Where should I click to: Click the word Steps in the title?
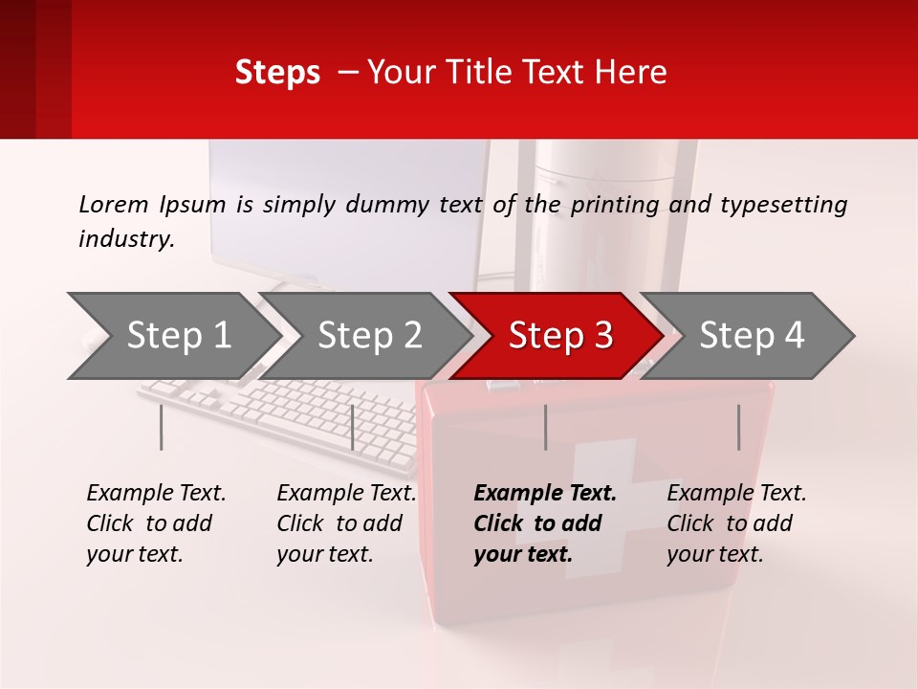point(277,73)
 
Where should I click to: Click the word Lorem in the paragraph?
point(113,204)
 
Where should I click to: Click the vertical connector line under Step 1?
point(161,427)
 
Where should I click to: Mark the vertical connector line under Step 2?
point(353,427)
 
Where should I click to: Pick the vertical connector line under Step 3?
point(545,427)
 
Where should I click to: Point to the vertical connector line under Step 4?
point(738,427)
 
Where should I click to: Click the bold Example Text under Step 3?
point(545,494)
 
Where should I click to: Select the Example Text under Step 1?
point(156,494)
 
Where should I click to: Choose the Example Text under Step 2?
point(346,494)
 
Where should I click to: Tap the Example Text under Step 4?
point(736,494)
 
